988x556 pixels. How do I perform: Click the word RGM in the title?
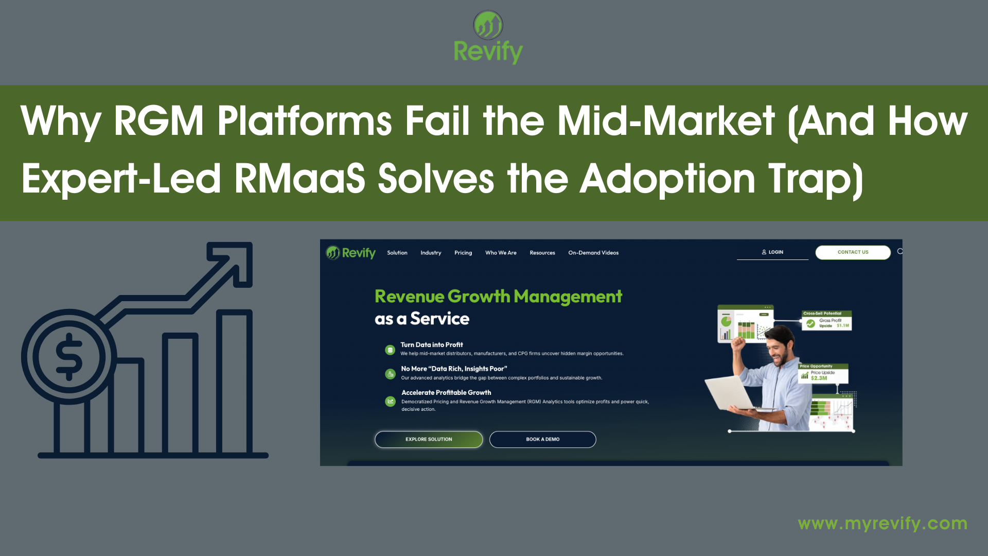(x=158, y=121)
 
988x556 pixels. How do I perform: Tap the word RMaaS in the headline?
(x=299, y=179)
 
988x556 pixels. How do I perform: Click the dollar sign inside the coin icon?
(x=69, y=356)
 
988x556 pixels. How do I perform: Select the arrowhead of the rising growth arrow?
(x=234, y=260)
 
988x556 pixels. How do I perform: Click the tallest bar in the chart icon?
(x=234, y=381)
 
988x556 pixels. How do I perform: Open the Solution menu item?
(x=397, y=253)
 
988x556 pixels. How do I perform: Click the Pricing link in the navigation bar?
(x=463, y=253)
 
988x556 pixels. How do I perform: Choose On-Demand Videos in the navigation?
(x=593, y=253)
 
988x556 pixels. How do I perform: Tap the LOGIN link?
(x=772, y=252)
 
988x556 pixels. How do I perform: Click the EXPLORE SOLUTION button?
(x=428, y=439)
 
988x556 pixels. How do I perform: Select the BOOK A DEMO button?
(x=542, y=439)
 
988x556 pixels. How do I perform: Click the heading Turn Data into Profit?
(x=431, y=345)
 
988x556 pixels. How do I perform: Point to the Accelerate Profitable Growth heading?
(x=446, y=392)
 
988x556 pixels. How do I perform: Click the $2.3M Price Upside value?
(x=819, y=378)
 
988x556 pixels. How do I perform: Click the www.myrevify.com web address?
(x=882, y=524)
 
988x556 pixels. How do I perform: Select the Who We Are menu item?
(x=500, y=253)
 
